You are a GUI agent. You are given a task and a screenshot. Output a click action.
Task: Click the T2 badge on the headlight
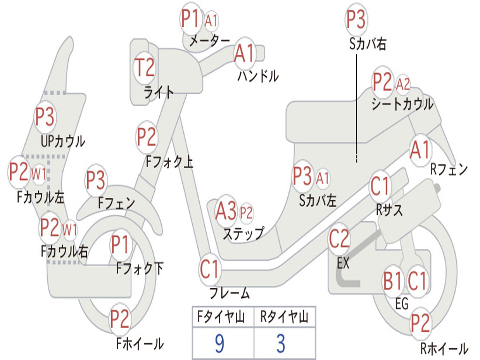144,67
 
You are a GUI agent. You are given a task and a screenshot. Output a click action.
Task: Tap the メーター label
210,40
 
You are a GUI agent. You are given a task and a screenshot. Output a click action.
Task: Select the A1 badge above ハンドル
244,53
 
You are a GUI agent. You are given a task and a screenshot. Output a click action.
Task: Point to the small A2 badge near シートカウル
402,83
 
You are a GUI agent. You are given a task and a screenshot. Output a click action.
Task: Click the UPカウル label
63,142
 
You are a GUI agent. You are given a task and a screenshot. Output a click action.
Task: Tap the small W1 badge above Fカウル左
39,174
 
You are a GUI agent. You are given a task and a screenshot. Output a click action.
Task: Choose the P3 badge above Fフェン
96,180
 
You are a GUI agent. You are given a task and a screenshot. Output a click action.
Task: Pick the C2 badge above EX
339,239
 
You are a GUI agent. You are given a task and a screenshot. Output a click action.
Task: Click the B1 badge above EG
393,281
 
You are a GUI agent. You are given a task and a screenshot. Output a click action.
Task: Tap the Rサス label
389,210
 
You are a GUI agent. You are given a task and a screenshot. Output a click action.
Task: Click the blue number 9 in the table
219,344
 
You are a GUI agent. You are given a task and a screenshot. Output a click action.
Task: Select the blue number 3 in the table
281,344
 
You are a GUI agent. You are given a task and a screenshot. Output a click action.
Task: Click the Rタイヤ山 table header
285,316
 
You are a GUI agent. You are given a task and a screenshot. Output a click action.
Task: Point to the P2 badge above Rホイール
420,323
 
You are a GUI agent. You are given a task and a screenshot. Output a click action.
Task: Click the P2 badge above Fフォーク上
146,137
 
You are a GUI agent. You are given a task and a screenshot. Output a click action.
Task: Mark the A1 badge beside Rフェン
420,150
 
